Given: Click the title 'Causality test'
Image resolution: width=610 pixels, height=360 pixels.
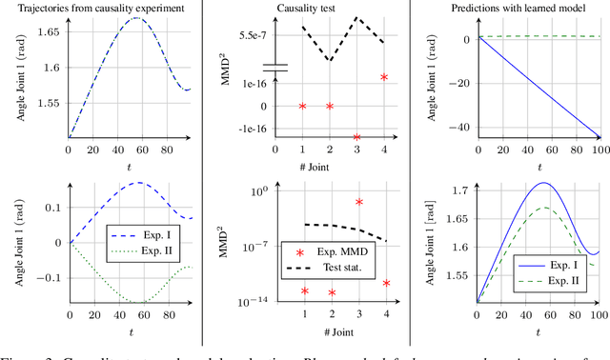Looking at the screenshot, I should [x=330, y=7].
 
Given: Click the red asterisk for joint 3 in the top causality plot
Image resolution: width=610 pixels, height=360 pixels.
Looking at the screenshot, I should [x=357, y=137].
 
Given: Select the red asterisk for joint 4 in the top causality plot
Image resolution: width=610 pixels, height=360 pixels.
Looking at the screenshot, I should [x=384, y=77].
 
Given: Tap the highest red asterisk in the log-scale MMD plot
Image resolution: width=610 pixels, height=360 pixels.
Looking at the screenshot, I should [x=358, y=202].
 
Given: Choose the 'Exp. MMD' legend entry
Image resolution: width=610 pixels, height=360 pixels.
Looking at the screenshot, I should [x=338, y=252].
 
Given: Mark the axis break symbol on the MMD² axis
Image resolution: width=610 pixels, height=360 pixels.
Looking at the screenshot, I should [x=274, y=70].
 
